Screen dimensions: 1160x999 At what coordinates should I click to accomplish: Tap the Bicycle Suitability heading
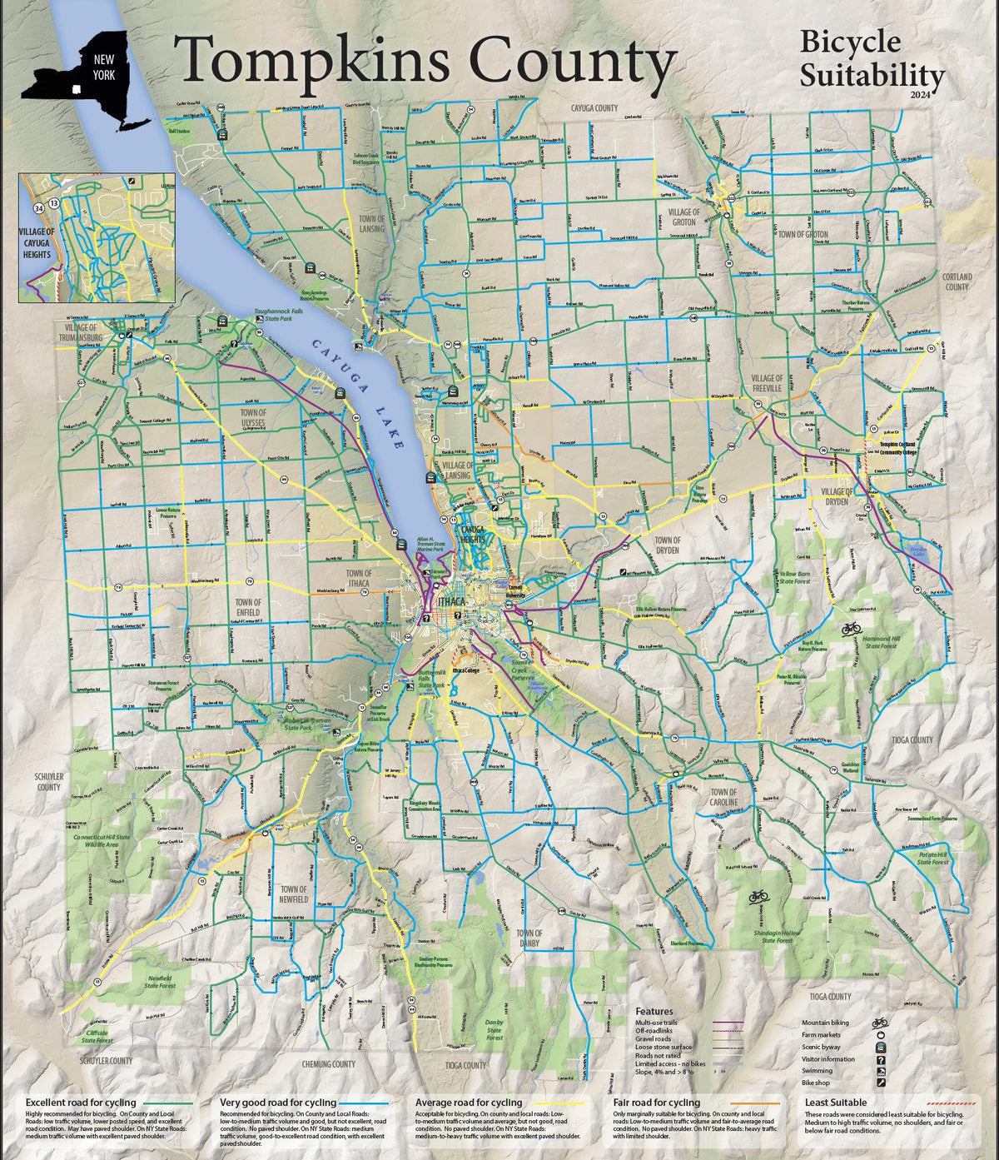(x=872, y=60)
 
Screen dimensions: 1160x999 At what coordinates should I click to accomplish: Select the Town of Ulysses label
(x=253, y=417)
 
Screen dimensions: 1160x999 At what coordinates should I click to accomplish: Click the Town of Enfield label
(x=248, y=607)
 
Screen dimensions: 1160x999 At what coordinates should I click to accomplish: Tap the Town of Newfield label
(x=293, y=894)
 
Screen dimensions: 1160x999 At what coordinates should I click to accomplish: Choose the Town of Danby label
(x=529, y=938)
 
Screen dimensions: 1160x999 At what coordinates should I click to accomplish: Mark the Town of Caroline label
(x=723, y=797)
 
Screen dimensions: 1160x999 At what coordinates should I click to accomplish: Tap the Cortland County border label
(x=957, y=281)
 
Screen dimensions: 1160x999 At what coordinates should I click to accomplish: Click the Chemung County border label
(x=329, y=1064)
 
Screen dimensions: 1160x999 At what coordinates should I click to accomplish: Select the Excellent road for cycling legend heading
(x=81, y=1103)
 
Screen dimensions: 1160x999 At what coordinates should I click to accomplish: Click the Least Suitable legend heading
(x=836, y=1103)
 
